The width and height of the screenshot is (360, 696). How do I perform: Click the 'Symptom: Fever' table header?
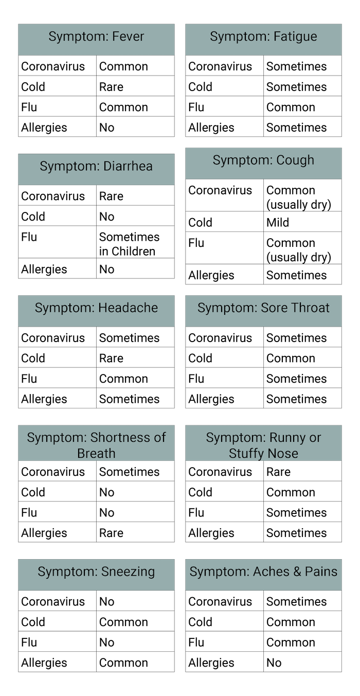tap(96, 37)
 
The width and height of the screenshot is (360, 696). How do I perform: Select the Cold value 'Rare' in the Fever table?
tap(111, 87)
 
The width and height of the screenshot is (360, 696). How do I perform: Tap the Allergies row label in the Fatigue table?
tap(211, 128)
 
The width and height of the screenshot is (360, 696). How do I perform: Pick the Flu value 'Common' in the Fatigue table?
tap(291, 107)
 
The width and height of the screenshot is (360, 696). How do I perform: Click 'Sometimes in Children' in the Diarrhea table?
tap(129, 244)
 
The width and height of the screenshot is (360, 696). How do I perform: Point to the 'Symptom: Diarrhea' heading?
tap(96, 166)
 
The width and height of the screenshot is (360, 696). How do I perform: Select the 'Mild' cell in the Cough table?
tap(278, 222)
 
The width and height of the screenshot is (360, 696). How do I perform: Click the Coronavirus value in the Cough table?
tap(299, 198)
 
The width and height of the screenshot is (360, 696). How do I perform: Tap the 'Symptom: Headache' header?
tap(96, 308)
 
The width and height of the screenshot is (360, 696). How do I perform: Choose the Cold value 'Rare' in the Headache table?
tap(111, 358)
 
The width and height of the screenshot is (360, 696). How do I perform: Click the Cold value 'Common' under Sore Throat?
tap(291, 358)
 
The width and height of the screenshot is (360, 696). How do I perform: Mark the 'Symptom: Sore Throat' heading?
tap(263, 308)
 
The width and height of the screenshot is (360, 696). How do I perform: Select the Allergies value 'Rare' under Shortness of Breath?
tap(111, 533)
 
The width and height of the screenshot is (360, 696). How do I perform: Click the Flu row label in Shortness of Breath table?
tap(29, 512)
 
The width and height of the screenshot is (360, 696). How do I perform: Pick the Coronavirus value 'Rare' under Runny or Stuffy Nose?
tap(278, 472)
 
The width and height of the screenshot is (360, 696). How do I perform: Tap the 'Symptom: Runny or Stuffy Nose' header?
tap(263, 445)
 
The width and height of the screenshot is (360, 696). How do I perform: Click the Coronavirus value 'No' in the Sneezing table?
tap(107, 601)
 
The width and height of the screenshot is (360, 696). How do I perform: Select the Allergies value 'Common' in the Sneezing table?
tap(123, 663)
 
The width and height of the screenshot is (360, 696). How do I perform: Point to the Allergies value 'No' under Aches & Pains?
tap(274, 663)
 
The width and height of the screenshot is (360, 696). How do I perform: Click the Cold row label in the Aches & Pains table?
tap(200, 622)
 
